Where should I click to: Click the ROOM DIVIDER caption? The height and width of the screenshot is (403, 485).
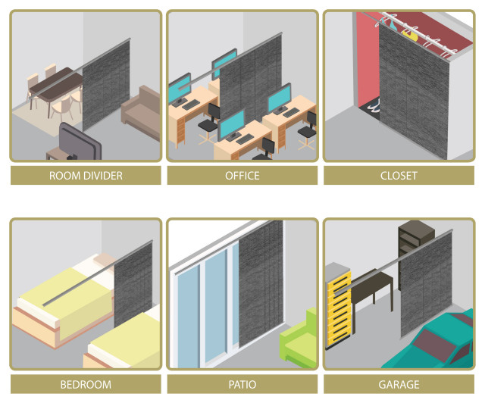point(86,176)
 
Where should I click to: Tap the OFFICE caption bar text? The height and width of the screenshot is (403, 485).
point(242,176)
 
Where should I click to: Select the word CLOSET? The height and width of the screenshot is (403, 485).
point(399,176)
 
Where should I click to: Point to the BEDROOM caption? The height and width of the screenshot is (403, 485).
point(86,385)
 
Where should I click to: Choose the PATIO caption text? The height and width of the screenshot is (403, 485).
point(242,385)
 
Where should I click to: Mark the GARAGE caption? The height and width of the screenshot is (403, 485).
point(399,385)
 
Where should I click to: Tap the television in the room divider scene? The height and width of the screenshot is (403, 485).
point(79,142)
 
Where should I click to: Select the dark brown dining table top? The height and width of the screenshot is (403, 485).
point(55,83)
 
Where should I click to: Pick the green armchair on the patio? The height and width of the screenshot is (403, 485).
point(299,339)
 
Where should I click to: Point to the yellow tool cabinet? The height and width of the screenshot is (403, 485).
point(338,307)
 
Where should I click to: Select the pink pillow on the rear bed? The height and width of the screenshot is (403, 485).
point(105,260)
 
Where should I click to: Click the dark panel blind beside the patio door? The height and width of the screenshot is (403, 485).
point(261,283)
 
